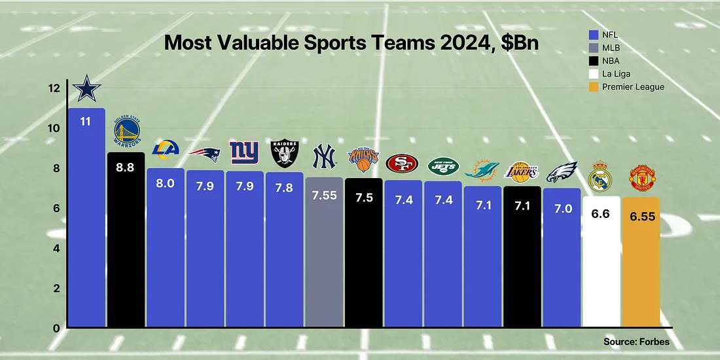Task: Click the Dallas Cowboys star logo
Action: click(x=86, y=88)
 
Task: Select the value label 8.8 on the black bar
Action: click(x=126, y=168)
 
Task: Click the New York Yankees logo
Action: click(x=324, y=157)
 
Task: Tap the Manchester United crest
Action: click(x=641, y=177)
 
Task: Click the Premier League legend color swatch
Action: click(x=594, y=87)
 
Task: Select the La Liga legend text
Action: click(x=615, y=74)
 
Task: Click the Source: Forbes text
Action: click(x=636, y=341)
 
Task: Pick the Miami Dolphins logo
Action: click(x=482, y=171)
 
